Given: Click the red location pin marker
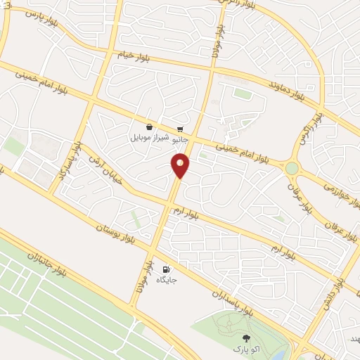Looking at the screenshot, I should tap(181, 165).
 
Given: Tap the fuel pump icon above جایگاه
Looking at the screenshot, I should tap(167, 269).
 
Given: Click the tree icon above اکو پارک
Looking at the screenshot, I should tap(245, 338).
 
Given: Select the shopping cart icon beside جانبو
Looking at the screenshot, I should tap(181, 129).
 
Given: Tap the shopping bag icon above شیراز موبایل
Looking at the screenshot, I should tap(149, 127).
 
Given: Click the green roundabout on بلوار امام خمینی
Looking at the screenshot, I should tap(291, 168).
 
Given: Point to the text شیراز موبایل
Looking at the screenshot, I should tap(149, 138).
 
